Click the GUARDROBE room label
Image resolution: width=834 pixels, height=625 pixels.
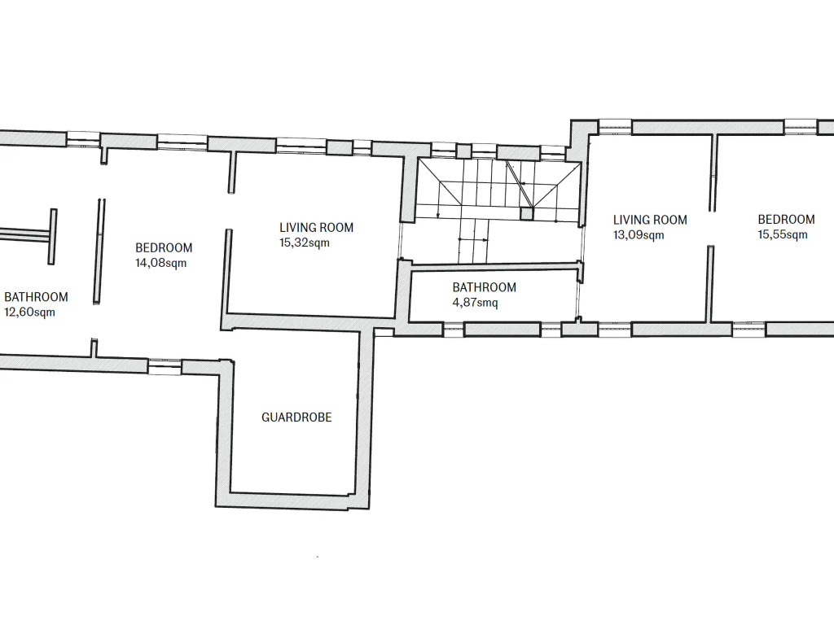296,417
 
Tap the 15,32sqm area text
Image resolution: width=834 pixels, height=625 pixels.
305,243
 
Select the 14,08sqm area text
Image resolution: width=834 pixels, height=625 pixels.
160,263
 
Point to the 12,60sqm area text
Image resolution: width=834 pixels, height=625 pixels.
29,312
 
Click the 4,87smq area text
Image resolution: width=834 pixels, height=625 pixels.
475,303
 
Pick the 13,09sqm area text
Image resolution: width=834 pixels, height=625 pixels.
639,235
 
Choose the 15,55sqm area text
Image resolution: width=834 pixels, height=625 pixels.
783,234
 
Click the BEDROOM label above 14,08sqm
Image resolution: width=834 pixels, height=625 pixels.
164,247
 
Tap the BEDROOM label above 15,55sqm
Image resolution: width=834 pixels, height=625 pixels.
786,219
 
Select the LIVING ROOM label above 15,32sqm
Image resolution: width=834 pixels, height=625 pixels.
317,228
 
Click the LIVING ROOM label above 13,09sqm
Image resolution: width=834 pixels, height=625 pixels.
650,220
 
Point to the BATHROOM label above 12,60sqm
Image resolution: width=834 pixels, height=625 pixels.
36,296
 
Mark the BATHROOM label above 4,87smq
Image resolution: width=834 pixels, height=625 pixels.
484,287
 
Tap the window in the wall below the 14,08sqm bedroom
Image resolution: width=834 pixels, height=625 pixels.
165,367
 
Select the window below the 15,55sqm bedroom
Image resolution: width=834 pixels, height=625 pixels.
749,329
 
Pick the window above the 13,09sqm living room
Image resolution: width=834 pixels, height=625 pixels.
615,127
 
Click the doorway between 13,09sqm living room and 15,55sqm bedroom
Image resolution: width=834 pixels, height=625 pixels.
711,228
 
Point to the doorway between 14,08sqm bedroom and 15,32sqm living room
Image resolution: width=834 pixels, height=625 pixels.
230,211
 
